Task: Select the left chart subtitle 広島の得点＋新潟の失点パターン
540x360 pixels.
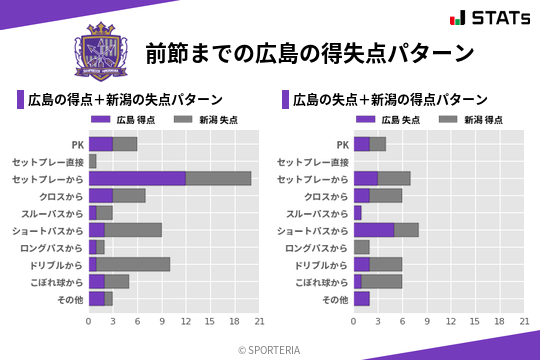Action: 125,100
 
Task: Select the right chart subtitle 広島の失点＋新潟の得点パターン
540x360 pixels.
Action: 390,100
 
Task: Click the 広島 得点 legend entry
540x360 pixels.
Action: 119,120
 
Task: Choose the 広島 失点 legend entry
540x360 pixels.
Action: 384,120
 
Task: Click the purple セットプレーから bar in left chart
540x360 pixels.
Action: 137,178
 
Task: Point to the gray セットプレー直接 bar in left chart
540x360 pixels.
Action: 92,161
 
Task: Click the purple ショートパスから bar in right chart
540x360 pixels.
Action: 373,230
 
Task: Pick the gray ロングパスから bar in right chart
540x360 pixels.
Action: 361,247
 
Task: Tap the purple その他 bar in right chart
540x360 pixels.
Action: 361,298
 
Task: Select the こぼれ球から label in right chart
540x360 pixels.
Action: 317,282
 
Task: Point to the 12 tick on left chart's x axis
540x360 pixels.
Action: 186,322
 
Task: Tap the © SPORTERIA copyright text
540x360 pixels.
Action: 270,349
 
